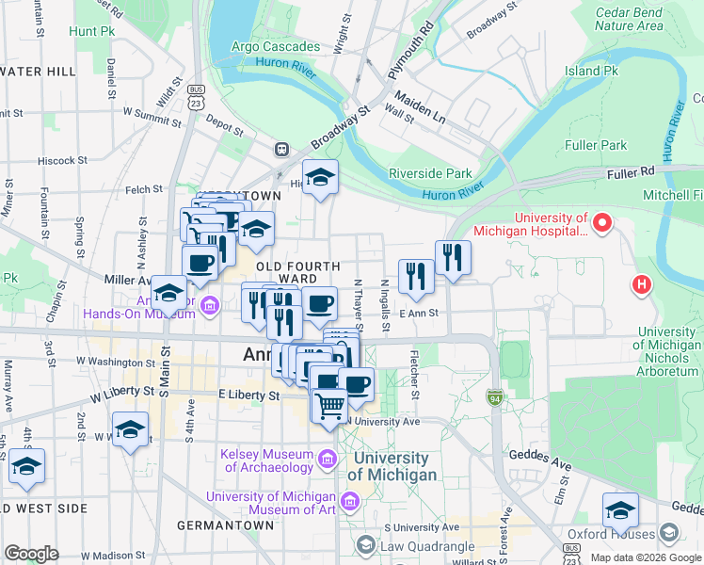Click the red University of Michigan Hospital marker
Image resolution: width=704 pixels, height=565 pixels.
click(603, 224)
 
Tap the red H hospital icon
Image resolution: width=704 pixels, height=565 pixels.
click(643, 283)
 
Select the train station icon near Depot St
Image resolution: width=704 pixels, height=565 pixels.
click(281, 149)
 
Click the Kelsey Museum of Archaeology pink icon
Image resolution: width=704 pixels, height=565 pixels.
click(327, 460)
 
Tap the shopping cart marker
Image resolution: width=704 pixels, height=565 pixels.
click(329, 407)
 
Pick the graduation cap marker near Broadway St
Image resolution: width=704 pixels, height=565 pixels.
click(320, 177)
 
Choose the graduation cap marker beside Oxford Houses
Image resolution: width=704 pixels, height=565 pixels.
click(620, 510)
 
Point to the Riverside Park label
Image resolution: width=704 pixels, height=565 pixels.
click(430, 173)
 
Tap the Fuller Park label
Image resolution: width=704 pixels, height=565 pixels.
click(596, 145)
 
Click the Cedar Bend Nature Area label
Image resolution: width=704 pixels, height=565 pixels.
click(628, 20)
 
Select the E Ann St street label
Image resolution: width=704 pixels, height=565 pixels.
click(419, 314)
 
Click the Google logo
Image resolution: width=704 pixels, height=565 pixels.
click(31, 554)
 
